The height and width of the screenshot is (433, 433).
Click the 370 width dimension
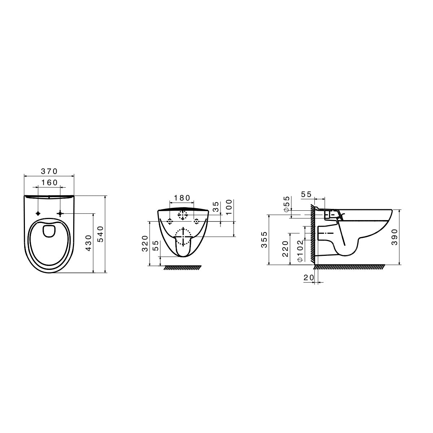pos(49,171)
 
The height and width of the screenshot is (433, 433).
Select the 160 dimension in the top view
pos(49,183)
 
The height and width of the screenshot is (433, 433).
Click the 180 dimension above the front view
pos(181,198)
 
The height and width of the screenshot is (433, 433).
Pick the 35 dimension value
pos(216,207)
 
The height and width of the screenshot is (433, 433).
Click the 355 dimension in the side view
pos(264,239)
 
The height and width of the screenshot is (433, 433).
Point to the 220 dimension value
pos(285,249)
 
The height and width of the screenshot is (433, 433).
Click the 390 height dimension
pos(394,237)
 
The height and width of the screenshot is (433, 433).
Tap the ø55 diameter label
pos(286,205)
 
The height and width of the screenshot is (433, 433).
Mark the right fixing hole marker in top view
pos(60,213)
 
